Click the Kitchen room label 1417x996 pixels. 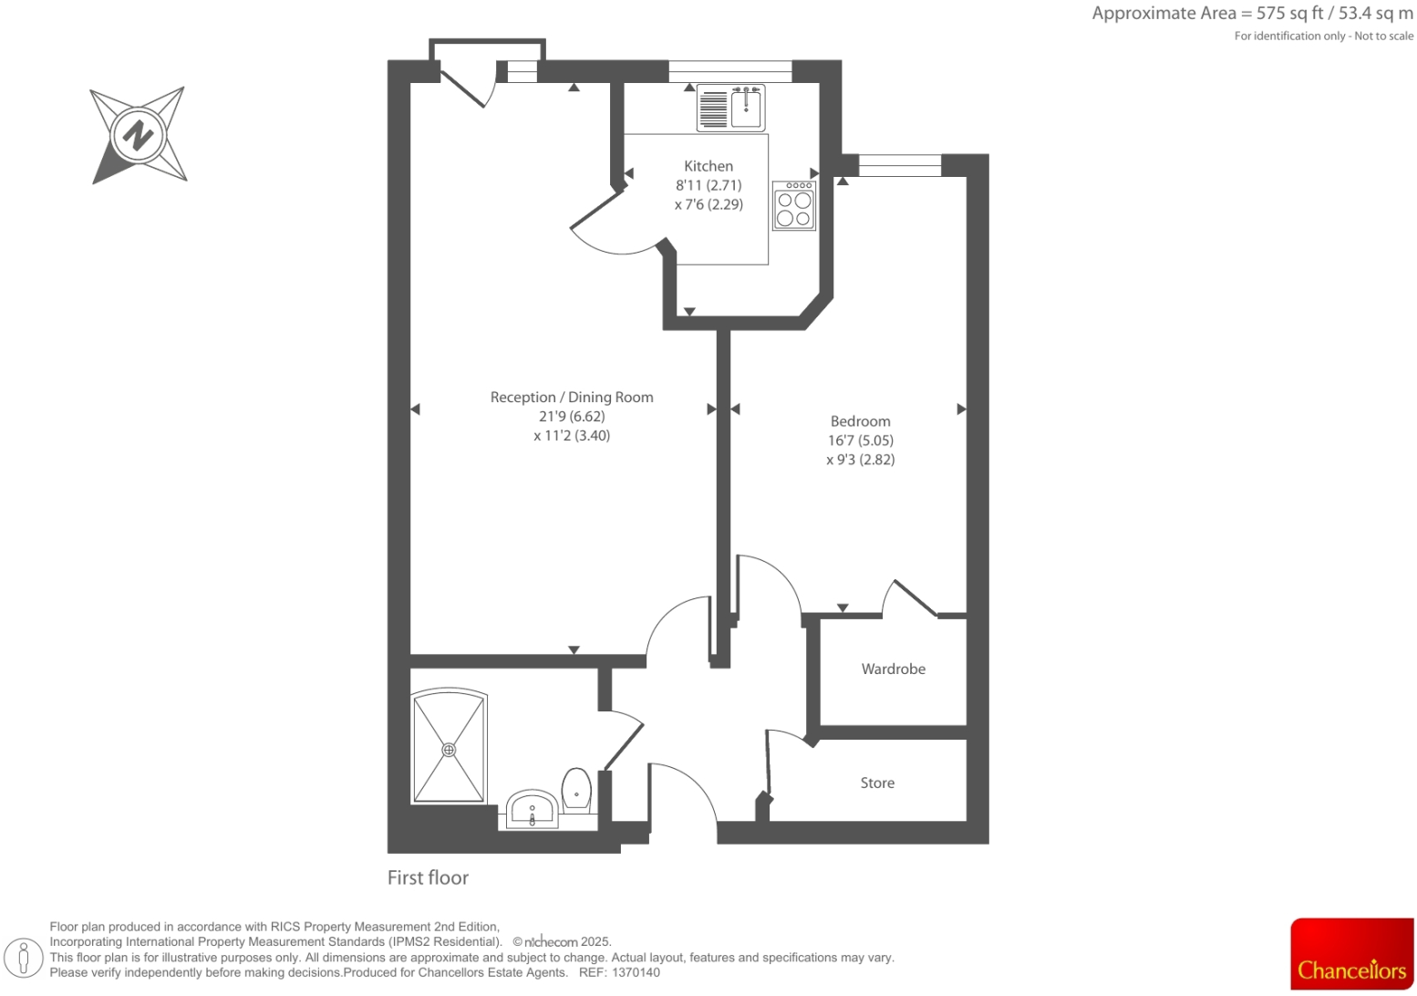tap(708, 166)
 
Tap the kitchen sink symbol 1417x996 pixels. tap(745, 108)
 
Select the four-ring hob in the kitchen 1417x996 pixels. tap(794, 206)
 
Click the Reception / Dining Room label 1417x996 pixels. tap(572, 397)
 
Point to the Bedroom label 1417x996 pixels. tap(860, 421)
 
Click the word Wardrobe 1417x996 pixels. tap(893, 669)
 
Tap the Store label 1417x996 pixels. tap(877, 783)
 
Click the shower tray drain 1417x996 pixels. tap(449, 750)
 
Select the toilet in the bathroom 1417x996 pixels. tap(576, 790)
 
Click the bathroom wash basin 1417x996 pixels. tap(533, 809)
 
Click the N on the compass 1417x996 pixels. tap(139, 136)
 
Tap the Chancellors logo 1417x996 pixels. tap(1351, 954)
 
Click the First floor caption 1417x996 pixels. tap(428, 877)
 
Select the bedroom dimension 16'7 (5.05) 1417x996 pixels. tap(860, 441)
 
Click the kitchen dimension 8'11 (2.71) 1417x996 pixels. tap(708, 185)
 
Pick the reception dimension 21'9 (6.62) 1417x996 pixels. tap(572, 416)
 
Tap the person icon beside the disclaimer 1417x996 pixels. tap(25, 958)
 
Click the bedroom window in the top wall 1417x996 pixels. tap(899, 165)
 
